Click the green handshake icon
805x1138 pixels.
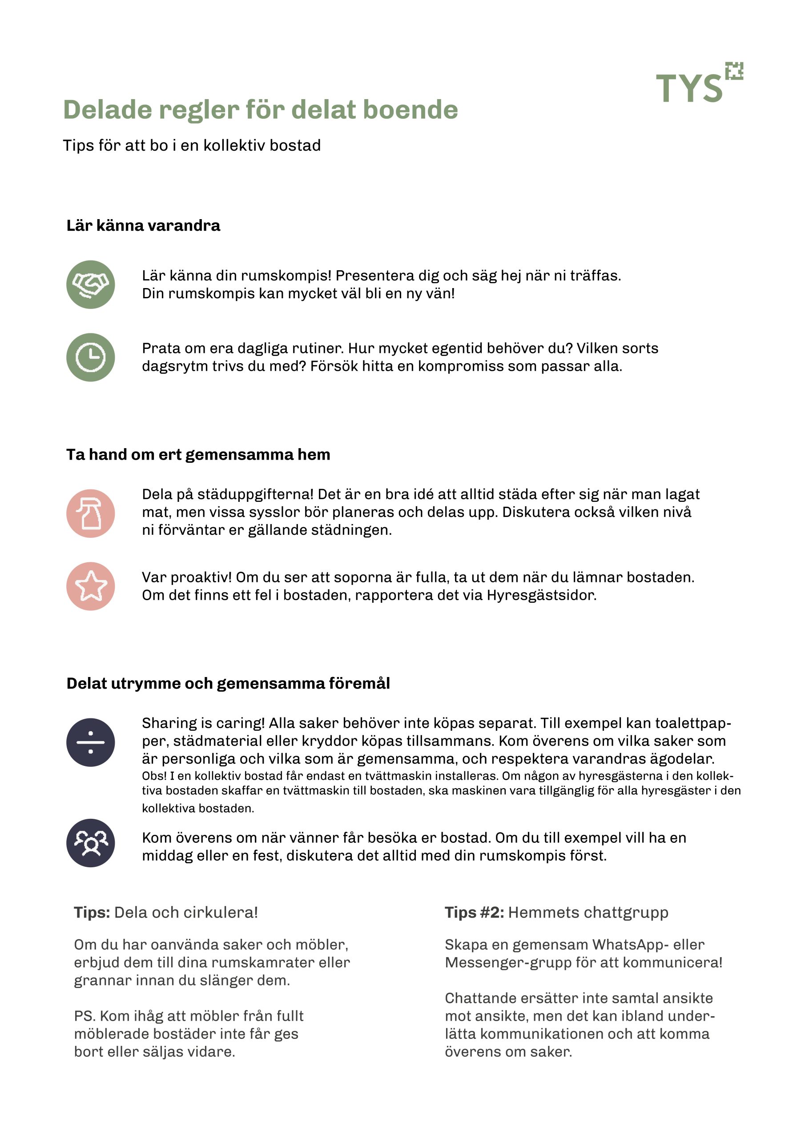tap(91, 284)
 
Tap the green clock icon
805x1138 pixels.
tap(91, 357)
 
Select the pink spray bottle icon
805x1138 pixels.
tap(91, 513)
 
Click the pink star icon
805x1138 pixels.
tap(91, 586)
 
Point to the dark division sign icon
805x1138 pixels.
tap(91, 742)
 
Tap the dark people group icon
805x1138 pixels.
tap(91, 843)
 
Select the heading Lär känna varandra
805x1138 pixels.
tap(143, 225)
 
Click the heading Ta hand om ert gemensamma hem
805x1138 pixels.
tap(198, 454)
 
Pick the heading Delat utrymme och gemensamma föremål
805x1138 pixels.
tap(228, 684)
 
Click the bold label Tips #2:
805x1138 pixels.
tap(474, 913)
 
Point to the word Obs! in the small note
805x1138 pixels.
tap(154, 776)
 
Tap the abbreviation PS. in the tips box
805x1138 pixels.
tap(85, 1016)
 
